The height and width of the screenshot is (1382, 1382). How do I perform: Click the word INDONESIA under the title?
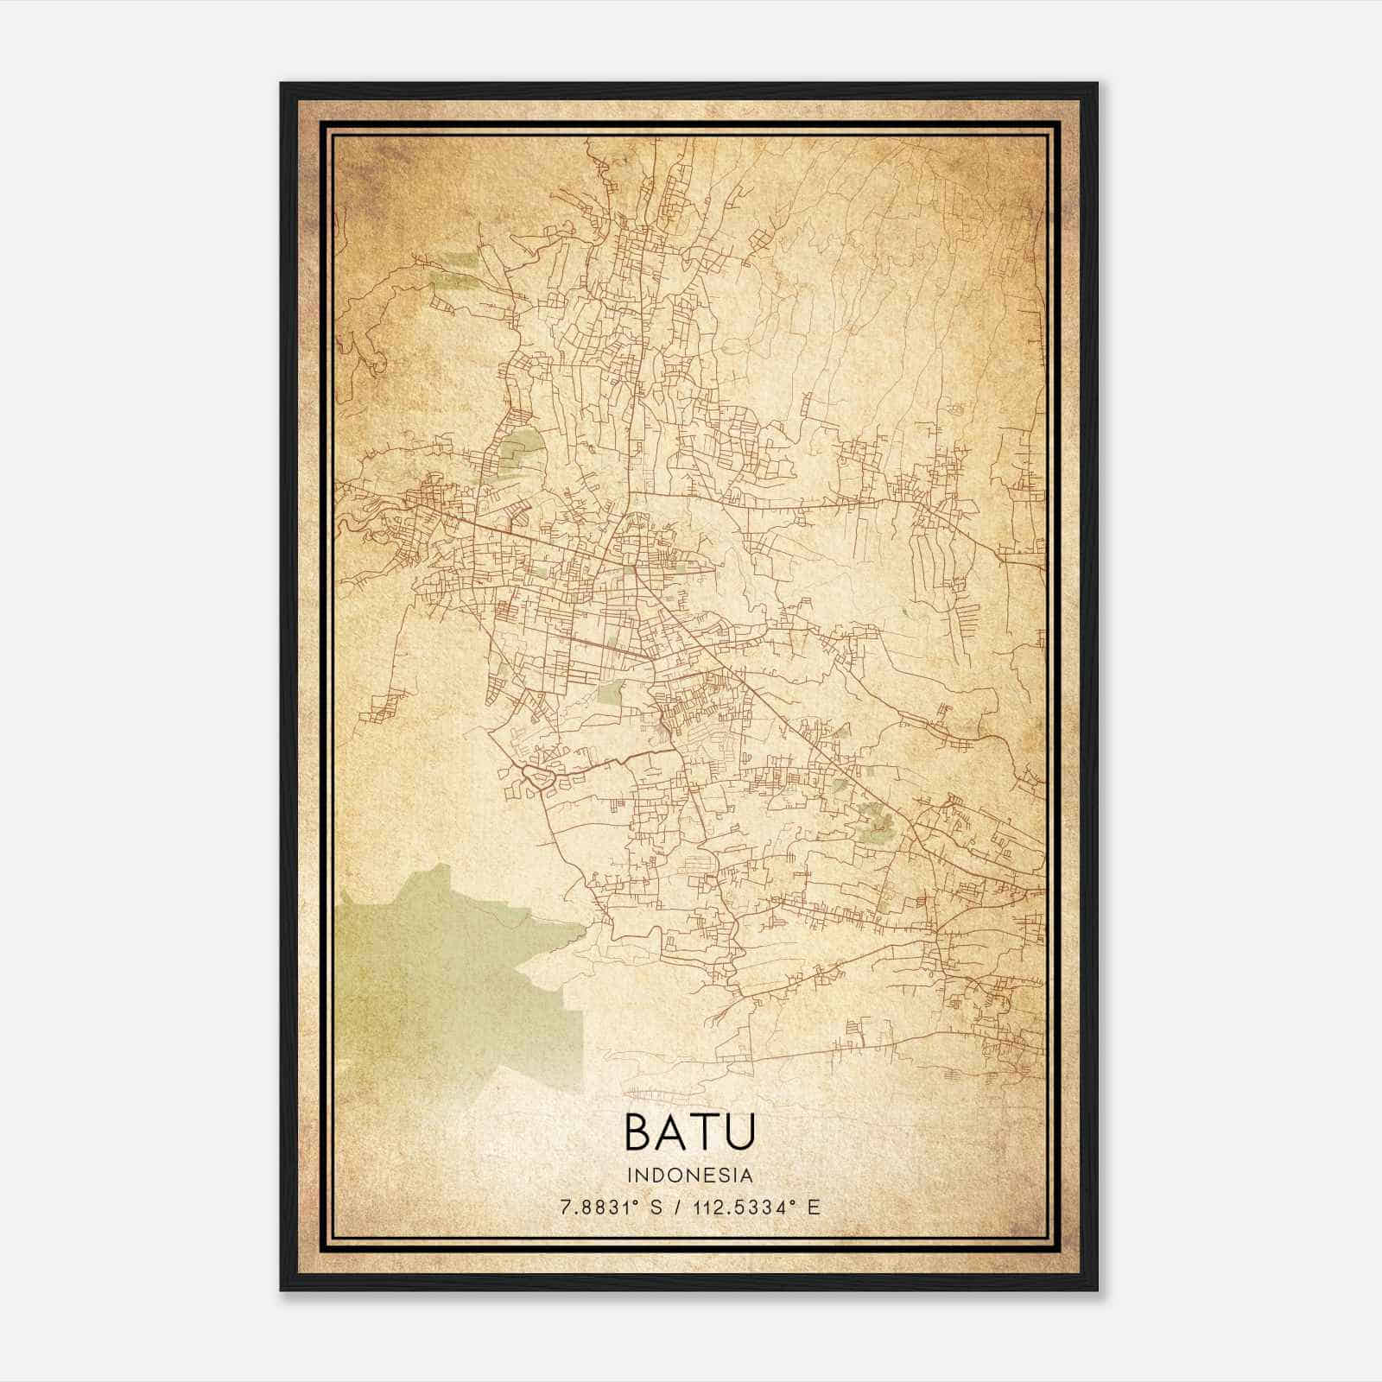tap(690, 1176)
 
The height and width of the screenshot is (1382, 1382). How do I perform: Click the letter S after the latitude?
tap(656, 1208)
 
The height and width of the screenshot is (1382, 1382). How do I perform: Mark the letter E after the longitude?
tap(814, 1208)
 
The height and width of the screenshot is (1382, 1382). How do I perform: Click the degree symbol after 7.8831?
tap(637, 1203)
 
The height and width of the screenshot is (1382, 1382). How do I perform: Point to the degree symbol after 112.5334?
tap(796, 1203)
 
